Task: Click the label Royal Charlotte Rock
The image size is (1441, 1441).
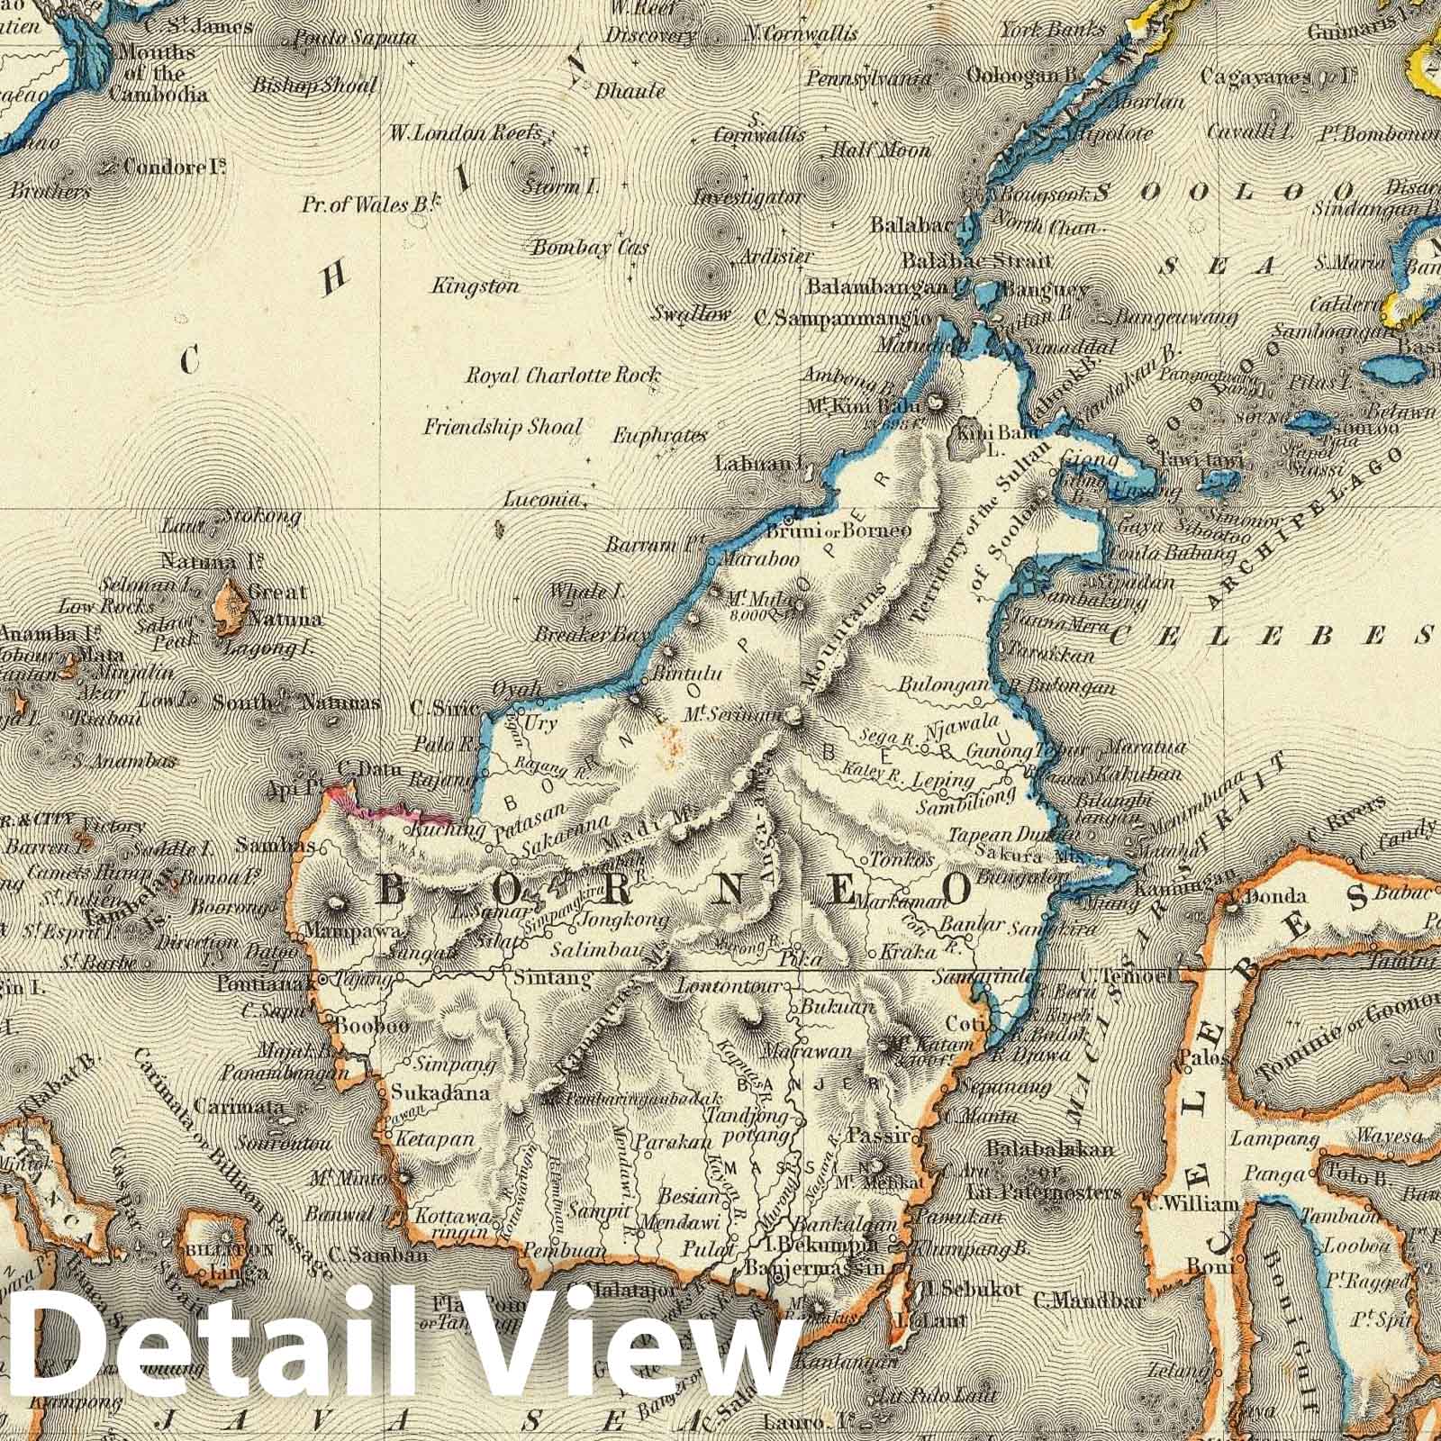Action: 562,376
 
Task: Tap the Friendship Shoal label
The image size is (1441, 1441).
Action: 503,427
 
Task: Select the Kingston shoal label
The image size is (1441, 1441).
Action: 476,286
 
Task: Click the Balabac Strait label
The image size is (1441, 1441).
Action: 977,261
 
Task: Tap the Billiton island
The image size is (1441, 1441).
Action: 217,1246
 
